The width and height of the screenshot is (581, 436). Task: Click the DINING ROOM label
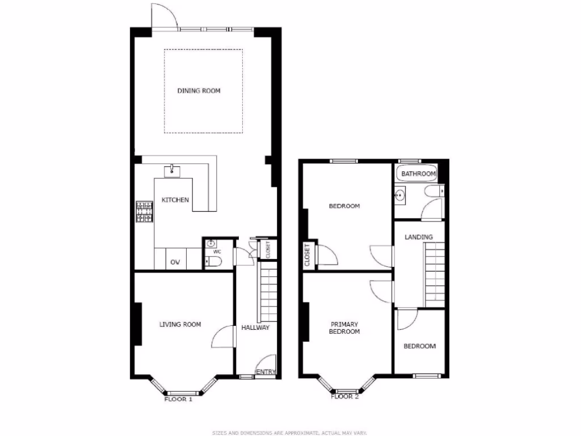click(x=199, y=91)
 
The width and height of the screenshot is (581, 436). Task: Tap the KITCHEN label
click(x=175, y=200)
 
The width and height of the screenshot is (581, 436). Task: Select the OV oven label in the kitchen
click(x=175, y=262)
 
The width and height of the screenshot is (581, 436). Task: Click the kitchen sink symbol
click(x=171, y=170)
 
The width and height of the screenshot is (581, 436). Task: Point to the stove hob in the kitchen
click(x=144, y=212)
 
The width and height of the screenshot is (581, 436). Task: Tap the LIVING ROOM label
click(x=180, y=325)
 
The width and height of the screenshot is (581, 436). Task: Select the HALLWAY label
click(x=255, y=328)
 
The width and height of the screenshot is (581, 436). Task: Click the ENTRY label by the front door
click(x=266, y=372)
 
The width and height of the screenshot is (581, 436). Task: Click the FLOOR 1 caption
click(x=178, y=399)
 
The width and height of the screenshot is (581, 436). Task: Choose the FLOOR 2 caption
click(x=345, y=397)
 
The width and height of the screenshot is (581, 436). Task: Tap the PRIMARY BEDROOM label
click(x=345, y=328)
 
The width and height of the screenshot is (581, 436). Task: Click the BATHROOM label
click(x=419, y=174)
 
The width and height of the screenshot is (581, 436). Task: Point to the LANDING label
click(x=419, y=237)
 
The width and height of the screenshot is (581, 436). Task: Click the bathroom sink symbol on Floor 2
click(x=401, y=196)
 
